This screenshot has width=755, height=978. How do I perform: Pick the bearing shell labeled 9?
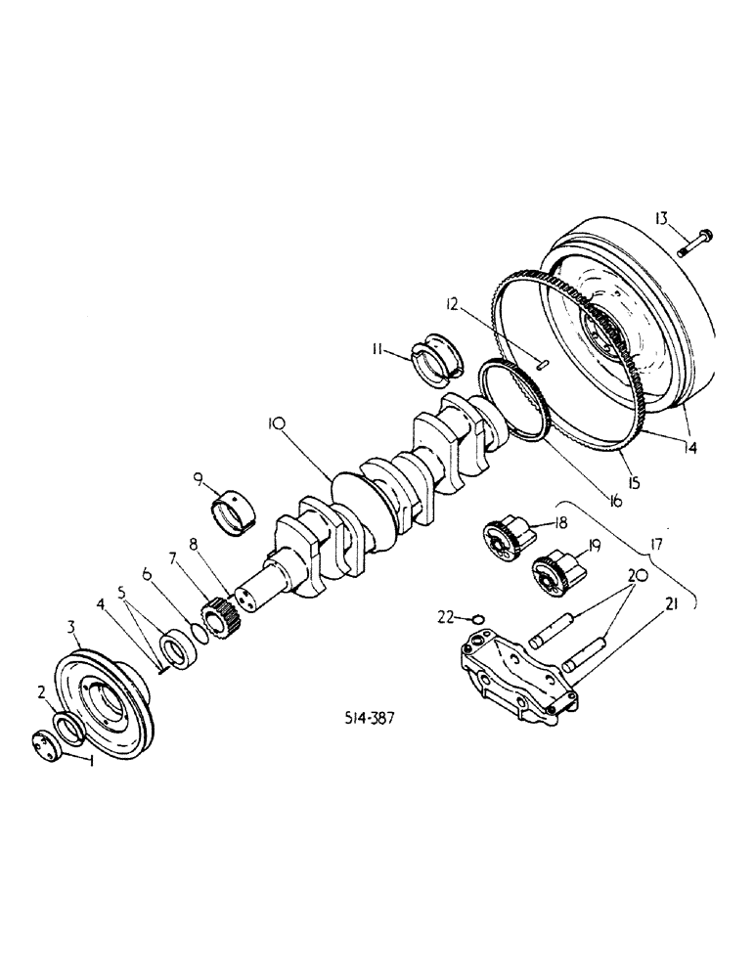coord(234,510)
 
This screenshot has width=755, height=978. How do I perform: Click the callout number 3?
coord(71,625)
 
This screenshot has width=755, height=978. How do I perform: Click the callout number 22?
coord(446,616)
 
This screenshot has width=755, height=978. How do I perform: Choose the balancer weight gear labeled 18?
coord(506,539)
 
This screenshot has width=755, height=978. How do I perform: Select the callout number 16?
coord(614,501)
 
